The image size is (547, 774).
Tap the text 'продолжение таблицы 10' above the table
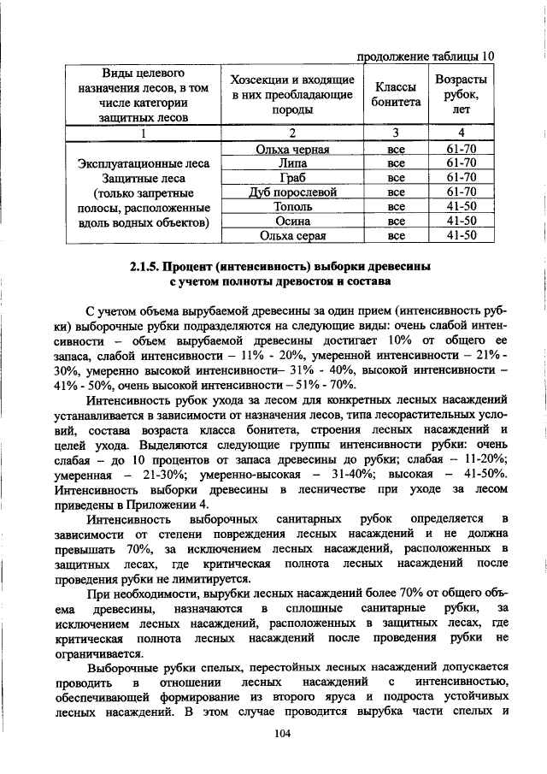pyautogui.click(x=425, y=56)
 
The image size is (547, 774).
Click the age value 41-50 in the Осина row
pyautogui.click(x=462, y=221)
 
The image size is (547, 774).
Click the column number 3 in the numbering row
pyautogui.click(x=396, y=133)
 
